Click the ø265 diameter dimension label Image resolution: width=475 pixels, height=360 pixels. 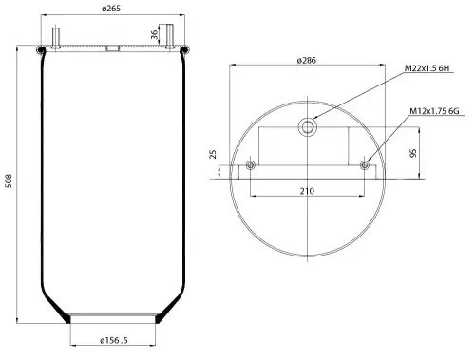[x=111, y=9]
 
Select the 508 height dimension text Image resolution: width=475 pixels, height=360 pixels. [x=9, y=180]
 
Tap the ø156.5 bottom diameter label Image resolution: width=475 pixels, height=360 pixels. [x=114, y=340]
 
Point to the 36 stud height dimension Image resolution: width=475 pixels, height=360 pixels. [x=154, y=34]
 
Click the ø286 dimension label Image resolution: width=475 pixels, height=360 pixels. [x=307, y=60]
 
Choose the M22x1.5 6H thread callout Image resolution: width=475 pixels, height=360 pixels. [x=427, y=68]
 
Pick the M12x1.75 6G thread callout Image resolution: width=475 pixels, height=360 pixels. [x=434, y=111]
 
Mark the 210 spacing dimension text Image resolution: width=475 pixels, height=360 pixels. [x=307, y=191]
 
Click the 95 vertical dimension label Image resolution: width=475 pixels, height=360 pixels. [x=413, y=153]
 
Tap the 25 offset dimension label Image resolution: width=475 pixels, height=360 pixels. [x=214, y=154]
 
